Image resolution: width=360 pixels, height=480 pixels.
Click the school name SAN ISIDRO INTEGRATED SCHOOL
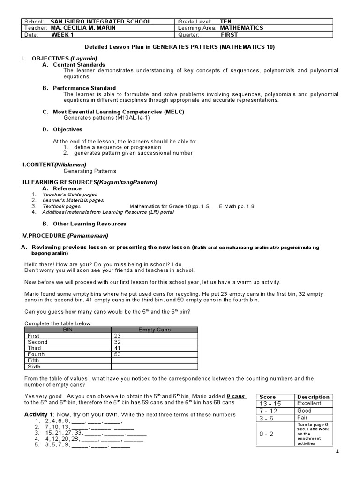pyautogui.click(x=101, y=22)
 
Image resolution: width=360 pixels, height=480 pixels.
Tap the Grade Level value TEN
pyautogui.click(x=226, y=22)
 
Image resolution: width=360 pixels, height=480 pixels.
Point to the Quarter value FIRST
pyautogui.click(x=229, y=35)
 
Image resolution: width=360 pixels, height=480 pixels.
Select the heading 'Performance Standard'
pyautogui.click(x=84, y=88)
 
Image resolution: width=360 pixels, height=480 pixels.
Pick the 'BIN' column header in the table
pyautogui.click(x=68, y=330)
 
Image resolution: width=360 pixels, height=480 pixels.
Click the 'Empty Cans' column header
pyautogui.click(x=154, y=330)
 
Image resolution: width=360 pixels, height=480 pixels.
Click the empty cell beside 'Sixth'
pyautogui.click(x=154, y=367)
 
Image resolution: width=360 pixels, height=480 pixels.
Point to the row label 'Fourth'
pyautogui.click(x=37, y=354)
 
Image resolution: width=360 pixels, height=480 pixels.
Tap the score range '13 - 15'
pyautogui.click(x=270, y=404)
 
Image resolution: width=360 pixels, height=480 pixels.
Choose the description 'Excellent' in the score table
pyautogui.click(x=309, y=403)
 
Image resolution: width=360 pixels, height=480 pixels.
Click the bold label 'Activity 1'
pyautogui.click(x=38, y=415)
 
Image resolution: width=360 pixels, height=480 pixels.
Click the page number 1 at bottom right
pyautogui.click(x=337, y=451)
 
